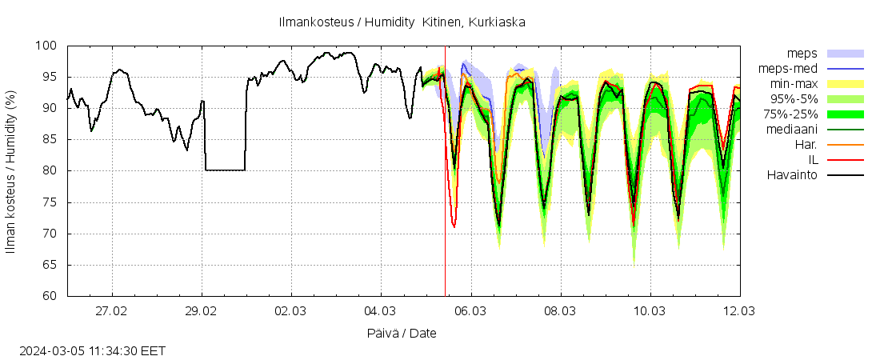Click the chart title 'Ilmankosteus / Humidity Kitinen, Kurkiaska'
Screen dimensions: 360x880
point(402,22)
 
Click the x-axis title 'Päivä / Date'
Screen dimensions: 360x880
point(403,333)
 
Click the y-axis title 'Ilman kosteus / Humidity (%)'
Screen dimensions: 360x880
point(11,171)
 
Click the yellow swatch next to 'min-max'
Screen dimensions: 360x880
point(845,83)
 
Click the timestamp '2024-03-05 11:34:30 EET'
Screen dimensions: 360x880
point(92,350)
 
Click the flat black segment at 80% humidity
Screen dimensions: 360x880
point(225,170)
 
